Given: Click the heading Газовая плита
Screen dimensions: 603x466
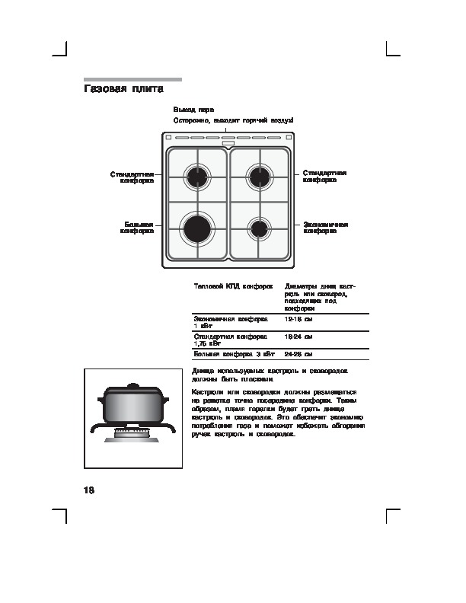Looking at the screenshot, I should (x=123, y=90).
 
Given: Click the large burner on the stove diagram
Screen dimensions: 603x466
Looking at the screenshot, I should (x=197, y=228).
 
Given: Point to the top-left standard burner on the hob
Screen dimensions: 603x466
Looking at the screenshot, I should (x=197, y=177).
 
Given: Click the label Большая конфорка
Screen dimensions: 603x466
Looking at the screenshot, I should (x=138, y=228).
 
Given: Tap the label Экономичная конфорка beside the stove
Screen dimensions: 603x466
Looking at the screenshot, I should (x=325, y=228).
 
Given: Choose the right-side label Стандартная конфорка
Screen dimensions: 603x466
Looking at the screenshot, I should (x=324, y=177).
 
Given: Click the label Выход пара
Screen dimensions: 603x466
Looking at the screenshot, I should (x=188, y=110).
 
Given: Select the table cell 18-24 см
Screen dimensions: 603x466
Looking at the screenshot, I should (x=298, y=336).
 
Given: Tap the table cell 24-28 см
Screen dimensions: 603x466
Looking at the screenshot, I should (x=298, y=355).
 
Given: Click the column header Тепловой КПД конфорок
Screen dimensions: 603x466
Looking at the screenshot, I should (x=233, y=286).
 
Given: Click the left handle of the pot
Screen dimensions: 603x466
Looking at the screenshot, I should (x=104, y=397).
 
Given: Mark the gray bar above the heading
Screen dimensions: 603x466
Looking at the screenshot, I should (x=132, y=79).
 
